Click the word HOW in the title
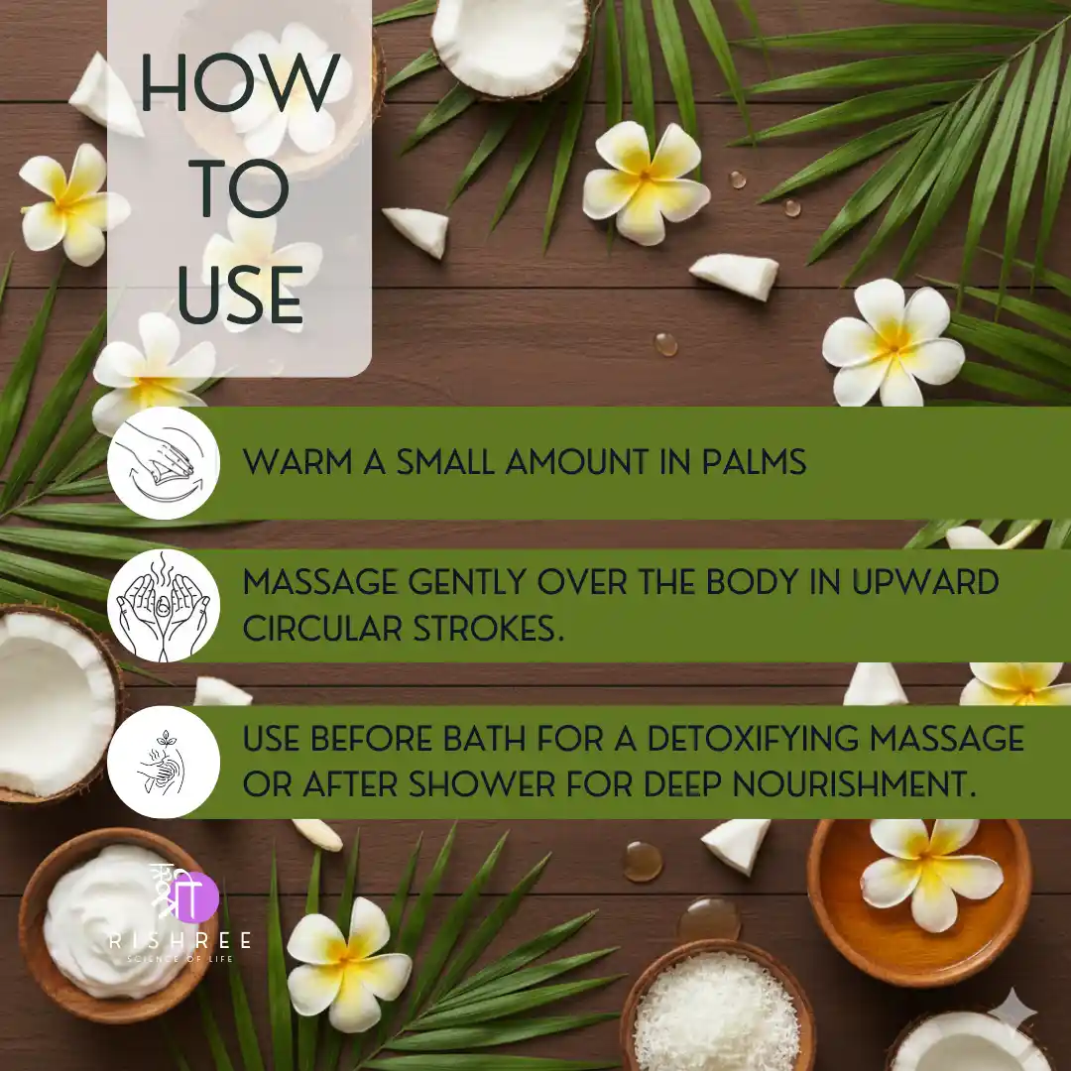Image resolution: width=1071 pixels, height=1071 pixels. click(240, 82)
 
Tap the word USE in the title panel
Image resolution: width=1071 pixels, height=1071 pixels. click(240, 296)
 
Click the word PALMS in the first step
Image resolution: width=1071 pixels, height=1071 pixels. click(754, 462)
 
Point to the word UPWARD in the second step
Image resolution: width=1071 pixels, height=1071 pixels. click(925, 582)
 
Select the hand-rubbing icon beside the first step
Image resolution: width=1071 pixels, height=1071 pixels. click(164, 462)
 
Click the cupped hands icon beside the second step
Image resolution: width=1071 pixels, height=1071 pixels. click(164, 605)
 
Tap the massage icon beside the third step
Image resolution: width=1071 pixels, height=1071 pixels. click(164, 762)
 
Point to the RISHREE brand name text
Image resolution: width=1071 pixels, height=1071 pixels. click(180, 940)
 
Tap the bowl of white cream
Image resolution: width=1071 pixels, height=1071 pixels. click(109, 925)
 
